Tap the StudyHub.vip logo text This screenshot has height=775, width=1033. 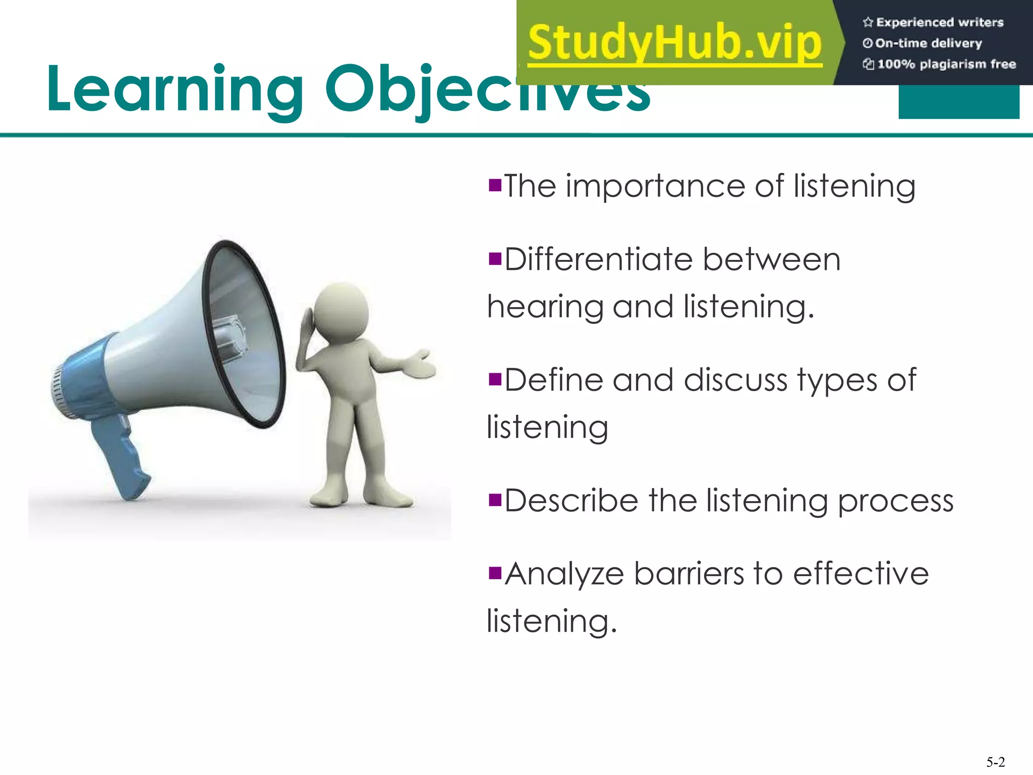pos(675,43)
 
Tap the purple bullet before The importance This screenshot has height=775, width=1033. pos(495,185)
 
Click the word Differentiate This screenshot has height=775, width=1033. pos(598,260)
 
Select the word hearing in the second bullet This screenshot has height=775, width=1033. pos(545,307)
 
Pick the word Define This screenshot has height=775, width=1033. pos(553,380)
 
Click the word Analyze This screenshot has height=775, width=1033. pos(564,574)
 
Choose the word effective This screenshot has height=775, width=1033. pos(860,574)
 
